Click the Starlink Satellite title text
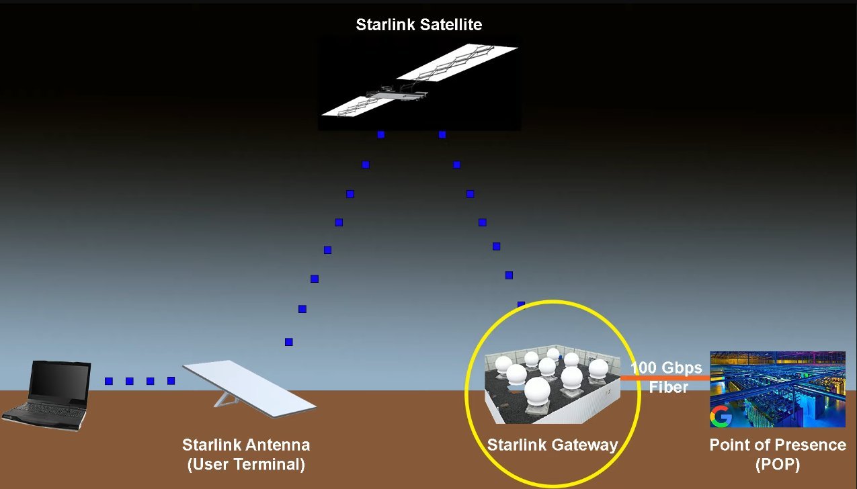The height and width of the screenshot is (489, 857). click(x=419, y=26)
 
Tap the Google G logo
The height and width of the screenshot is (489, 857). click(x=721, y=417)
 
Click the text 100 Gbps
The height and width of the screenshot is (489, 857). click(x=666, y=368)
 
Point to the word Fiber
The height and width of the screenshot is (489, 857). click(x=668, y=388)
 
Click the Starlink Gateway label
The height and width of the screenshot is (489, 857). click(x=552, y=445)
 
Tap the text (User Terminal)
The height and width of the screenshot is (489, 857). click(x=246, y=464)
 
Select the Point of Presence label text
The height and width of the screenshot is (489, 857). click(x=778, y=445)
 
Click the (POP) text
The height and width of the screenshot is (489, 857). click(x=778, y=464)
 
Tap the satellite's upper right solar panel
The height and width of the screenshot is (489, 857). click(x=457, y=63)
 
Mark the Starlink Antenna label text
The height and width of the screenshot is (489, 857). click(x=246, y=445)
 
